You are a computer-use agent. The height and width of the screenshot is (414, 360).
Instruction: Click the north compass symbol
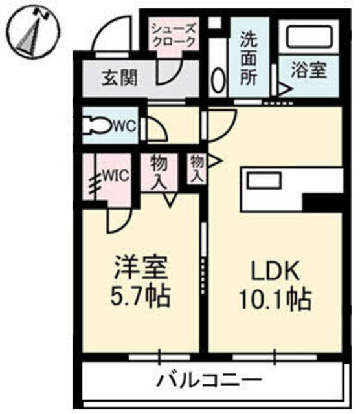coord(33,33)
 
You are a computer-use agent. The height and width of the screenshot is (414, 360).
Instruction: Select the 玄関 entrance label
coord(120,78)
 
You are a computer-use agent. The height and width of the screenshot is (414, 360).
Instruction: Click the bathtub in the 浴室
coord(309,36)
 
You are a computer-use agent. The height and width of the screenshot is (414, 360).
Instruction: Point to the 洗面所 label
coord(249,60)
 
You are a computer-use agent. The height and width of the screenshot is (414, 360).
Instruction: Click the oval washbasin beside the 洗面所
coord(218,80)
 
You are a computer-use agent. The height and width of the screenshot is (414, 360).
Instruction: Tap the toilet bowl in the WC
coord(96,125)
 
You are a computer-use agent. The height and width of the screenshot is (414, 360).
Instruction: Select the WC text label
coord(124,126)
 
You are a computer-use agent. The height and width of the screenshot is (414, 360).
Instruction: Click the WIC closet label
coord(116,175)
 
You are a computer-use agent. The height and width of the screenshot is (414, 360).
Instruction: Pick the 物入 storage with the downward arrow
coord(159,172)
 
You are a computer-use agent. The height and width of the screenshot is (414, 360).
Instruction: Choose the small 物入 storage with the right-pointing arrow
coord(197,169)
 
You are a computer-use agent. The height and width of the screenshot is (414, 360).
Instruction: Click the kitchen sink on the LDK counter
coord(264,180)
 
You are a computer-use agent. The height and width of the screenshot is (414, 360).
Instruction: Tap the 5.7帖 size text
coord(140,296)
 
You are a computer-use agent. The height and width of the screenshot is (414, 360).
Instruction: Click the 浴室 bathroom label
coord(309,70)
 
